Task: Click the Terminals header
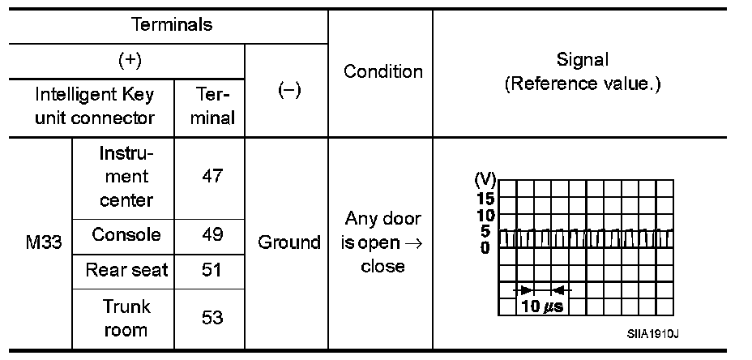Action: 172,24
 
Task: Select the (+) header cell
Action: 129,61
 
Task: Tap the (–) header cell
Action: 288,91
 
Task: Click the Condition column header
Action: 383,71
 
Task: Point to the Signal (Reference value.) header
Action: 583,71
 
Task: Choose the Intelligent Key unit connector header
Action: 94,105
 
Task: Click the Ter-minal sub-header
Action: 211,105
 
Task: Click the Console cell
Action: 126,235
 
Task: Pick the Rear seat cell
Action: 126,270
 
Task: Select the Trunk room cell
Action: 126,318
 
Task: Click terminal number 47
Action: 211,176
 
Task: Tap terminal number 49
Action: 211,235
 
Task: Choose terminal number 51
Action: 211,270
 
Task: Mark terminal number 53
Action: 211,318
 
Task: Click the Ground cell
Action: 288,242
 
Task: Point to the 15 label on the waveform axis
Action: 485,199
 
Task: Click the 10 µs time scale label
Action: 542,306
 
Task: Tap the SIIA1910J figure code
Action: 652,333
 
